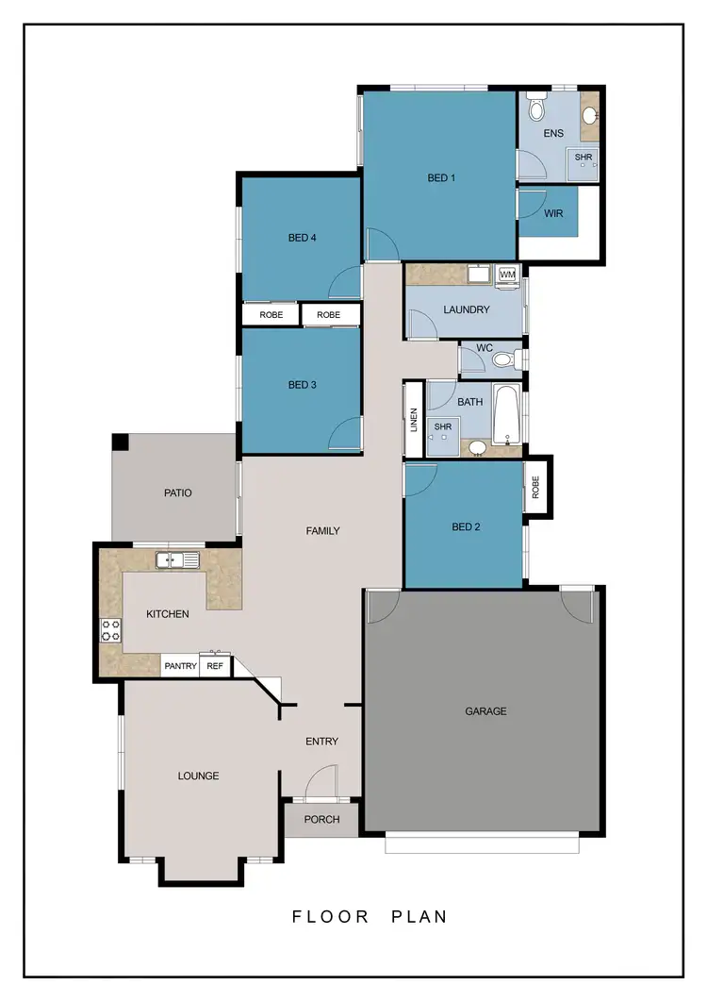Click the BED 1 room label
click(x=441, y=177)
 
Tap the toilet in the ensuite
click(x=537, y=108)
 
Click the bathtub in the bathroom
click(x=506, y=415)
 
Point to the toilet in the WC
click(x=504, y=359)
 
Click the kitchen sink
click(x=177, y=561)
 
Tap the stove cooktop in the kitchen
click(x=110, y=629)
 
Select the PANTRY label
click(x=180, y=666)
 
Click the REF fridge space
click(x=215, y=666)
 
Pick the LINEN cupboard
click(x=413, y=420)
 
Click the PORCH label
click(x=321, y=819)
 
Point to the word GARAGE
click(x=485, y=711)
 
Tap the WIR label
click(x=553, y=213)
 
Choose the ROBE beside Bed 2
click(x=535, y=487)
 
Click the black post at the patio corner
click(x=120, y=442)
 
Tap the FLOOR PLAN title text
click(x=369, y=916)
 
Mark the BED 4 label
click(x=302, y=238)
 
